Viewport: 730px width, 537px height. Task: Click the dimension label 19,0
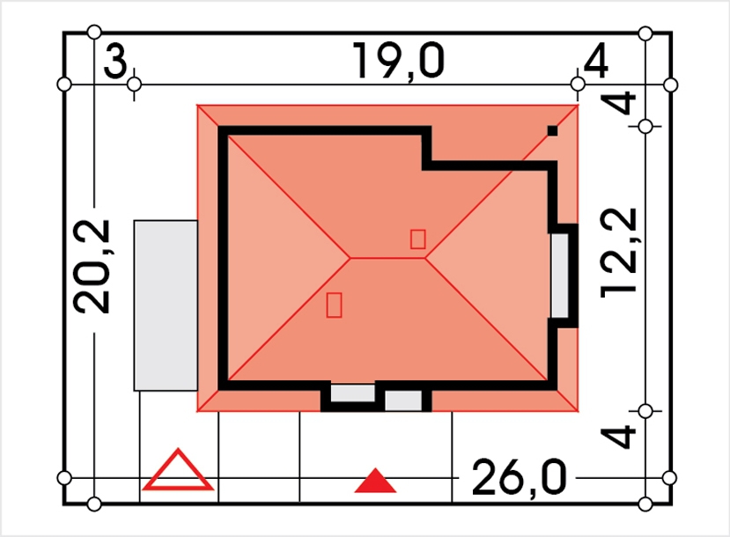[398, 62]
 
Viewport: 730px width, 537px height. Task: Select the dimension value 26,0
[519, 477]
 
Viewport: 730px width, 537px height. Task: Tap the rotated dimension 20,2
[92, 267]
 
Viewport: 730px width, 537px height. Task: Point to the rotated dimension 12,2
[618, 253]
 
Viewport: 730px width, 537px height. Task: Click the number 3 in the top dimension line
[115, 62]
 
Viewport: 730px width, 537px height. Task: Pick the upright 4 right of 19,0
[595, 61]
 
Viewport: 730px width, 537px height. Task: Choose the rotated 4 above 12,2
[618, 103]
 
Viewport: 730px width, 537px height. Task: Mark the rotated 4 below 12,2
[618, 437]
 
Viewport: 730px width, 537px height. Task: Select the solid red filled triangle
[375, 481]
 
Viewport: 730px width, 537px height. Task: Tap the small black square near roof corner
[552, 131]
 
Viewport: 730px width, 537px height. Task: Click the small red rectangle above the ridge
[417, 239]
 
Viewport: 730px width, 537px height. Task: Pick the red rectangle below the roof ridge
[334, 305]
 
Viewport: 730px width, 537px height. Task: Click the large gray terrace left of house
[166, 305]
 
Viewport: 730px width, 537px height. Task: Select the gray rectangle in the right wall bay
[559, 276]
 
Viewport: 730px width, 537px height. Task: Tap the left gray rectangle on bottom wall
[352, 394]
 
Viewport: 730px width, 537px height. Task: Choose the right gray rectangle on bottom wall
[403, 401]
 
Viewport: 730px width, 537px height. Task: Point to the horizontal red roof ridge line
[387, 258]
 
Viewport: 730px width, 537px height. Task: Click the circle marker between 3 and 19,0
[134, 85]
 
